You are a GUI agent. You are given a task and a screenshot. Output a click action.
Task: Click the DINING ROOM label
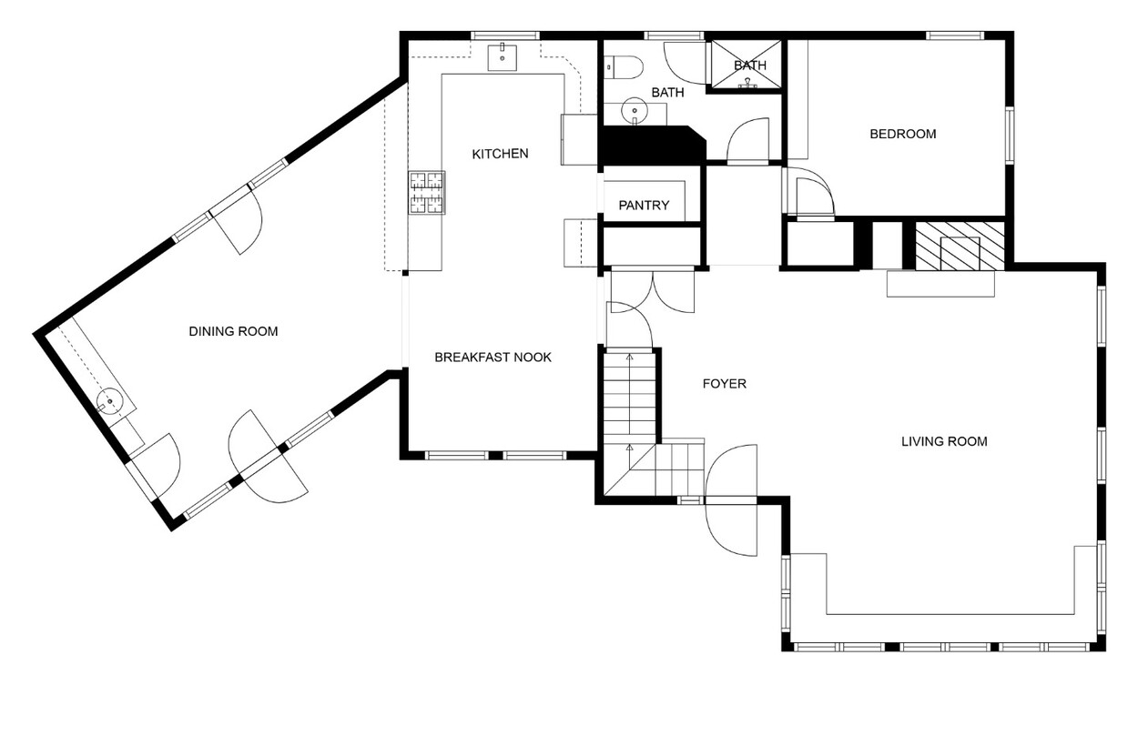click(233, 331)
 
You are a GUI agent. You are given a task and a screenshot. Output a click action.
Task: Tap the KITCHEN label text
click(500, 154)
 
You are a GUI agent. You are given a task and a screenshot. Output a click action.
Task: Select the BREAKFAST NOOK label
click(493, 358)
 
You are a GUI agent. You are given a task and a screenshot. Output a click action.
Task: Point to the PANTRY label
click(644, 206)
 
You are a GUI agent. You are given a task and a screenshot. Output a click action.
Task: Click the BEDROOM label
click(903, 134)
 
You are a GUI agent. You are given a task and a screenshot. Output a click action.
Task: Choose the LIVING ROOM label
click(944, 442)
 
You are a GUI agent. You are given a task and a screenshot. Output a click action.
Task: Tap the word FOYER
click(725, 384)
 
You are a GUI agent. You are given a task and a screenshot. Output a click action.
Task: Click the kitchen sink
click(503, 58)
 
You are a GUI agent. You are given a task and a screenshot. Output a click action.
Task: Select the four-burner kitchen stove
click(427, 193)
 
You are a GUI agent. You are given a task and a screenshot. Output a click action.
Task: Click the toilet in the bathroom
click(625, 67)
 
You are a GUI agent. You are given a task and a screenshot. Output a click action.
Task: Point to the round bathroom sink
click(634, 111)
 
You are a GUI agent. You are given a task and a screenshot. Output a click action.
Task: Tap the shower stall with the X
click(746, 65)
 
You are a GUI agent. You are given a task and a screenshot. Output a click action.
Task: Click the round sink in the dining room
click(110, 401)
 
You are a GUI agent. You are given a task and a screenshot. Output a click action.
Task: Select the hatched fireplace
click(960, 246)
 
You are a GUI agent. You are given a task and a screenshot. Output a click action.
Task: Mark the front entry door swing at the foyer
click(731, 500)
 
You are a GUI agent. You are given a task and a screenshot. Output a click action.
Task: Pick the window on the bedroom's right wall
click(1009, 135)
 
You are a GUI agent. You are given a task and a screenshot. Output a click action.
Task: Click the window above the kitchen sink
click(504, 35)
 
